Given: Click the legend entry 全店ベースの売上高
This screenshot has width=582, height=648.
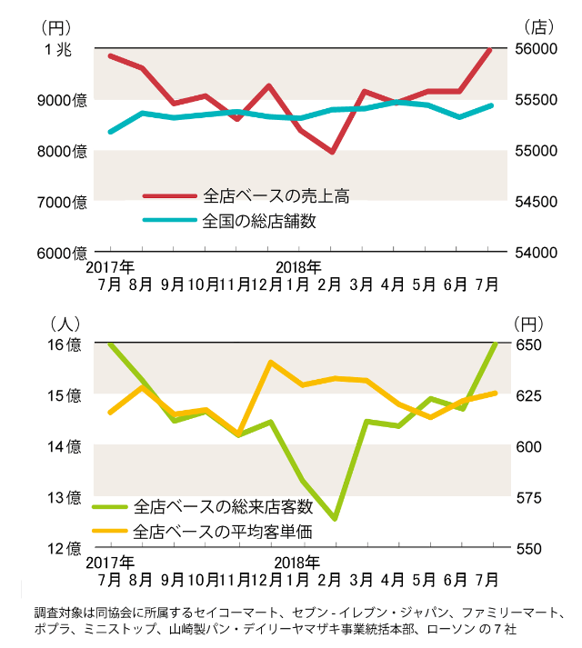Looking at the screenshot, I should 276,195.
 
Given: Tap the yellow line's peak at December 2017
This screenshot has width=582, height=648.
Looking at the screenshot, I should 270,363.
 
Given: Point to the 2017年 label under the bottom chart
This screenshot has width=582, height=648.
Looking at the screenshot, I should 111,563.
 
